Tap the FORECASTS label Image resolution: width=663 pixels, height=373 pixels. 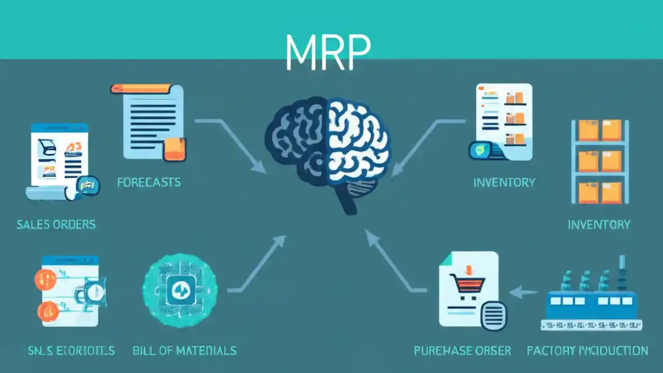[x=149, y=182]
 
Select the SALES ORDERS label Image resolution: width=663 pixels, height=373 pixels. [x=56, y=224]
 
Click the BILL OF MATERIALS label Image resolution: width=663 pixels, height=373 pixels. [x=184, y=351]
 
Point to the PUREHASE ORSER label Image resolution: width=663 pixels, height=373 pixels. [x=462, y=351]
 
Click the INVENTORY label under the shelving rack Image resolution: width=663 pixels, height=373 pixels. [x=599, y=224]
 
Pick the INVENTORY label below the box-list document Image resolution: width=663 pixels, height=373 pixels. [x=504, y=182]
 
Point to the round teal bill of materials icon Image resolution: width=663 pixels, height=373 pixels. [x=180, y=289]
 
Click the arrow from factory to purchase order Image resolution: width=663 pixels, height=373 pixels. [x=523, y=293]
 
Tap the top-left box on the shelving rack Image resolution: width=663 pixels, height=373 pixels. [x=588, y=130]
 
